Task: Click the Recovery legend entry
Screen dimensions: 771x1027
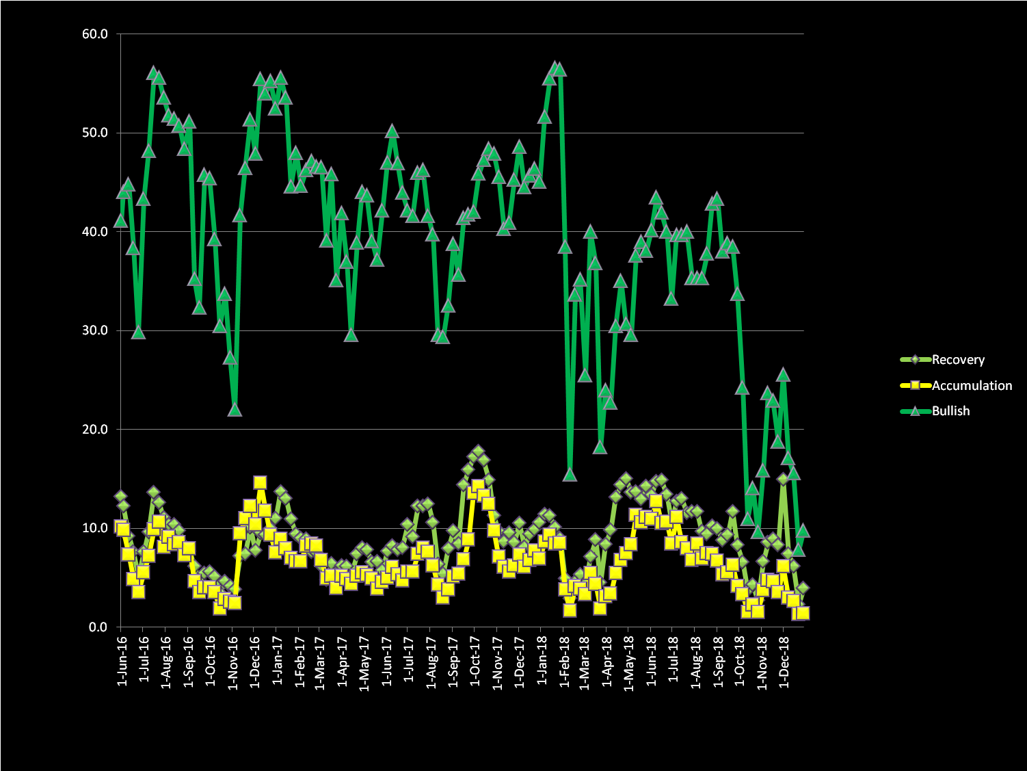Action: coord(957,360)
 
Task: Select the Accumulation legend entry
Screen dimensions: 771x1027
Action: coord(971,386)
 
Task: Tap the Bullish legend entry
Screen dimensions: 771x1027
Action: coord(950,411)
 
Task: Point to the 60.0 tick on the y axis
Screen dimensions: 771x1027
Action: coord(95,34)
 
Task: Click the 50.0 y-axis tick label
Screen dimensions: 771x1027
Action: coord(95,133)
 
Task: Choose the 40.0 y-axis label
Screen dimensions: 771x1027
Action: coord(95,232)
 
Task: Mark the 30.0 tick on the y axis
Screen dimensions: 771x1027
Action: coord(95,330)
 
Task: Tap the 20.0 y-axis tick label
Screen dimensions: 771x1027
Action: coord(95,430)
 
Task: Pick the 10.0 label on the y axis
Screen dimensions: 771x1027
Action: coord(95,528)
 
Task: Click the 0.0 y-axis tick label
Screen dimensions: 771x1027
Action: coord(98,627)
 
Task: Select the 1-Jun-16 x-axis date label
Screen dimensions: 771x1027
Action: coord(123,662)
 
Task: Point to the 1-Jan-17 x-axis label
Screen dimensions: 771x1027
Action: coord(278,662)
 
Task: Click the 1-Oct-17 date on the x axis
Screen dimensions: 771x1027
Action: coord(476,662)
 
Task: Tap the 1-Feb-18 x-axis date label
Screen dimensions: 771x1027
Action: coord(565,662)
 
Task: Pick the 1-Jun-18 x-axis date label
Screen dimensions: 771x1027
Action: coord(652,662)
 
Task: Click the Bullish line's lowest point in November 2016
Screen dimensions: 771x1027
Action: coord(235,409)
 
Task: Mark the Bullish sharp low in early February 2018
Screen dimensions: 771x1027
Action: coord(570,475)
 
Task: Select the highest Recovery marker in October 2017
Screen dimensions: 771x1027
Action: coord(478,452)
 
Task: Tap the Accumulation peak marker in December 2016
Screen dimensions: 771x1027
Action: coord(260,482)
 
